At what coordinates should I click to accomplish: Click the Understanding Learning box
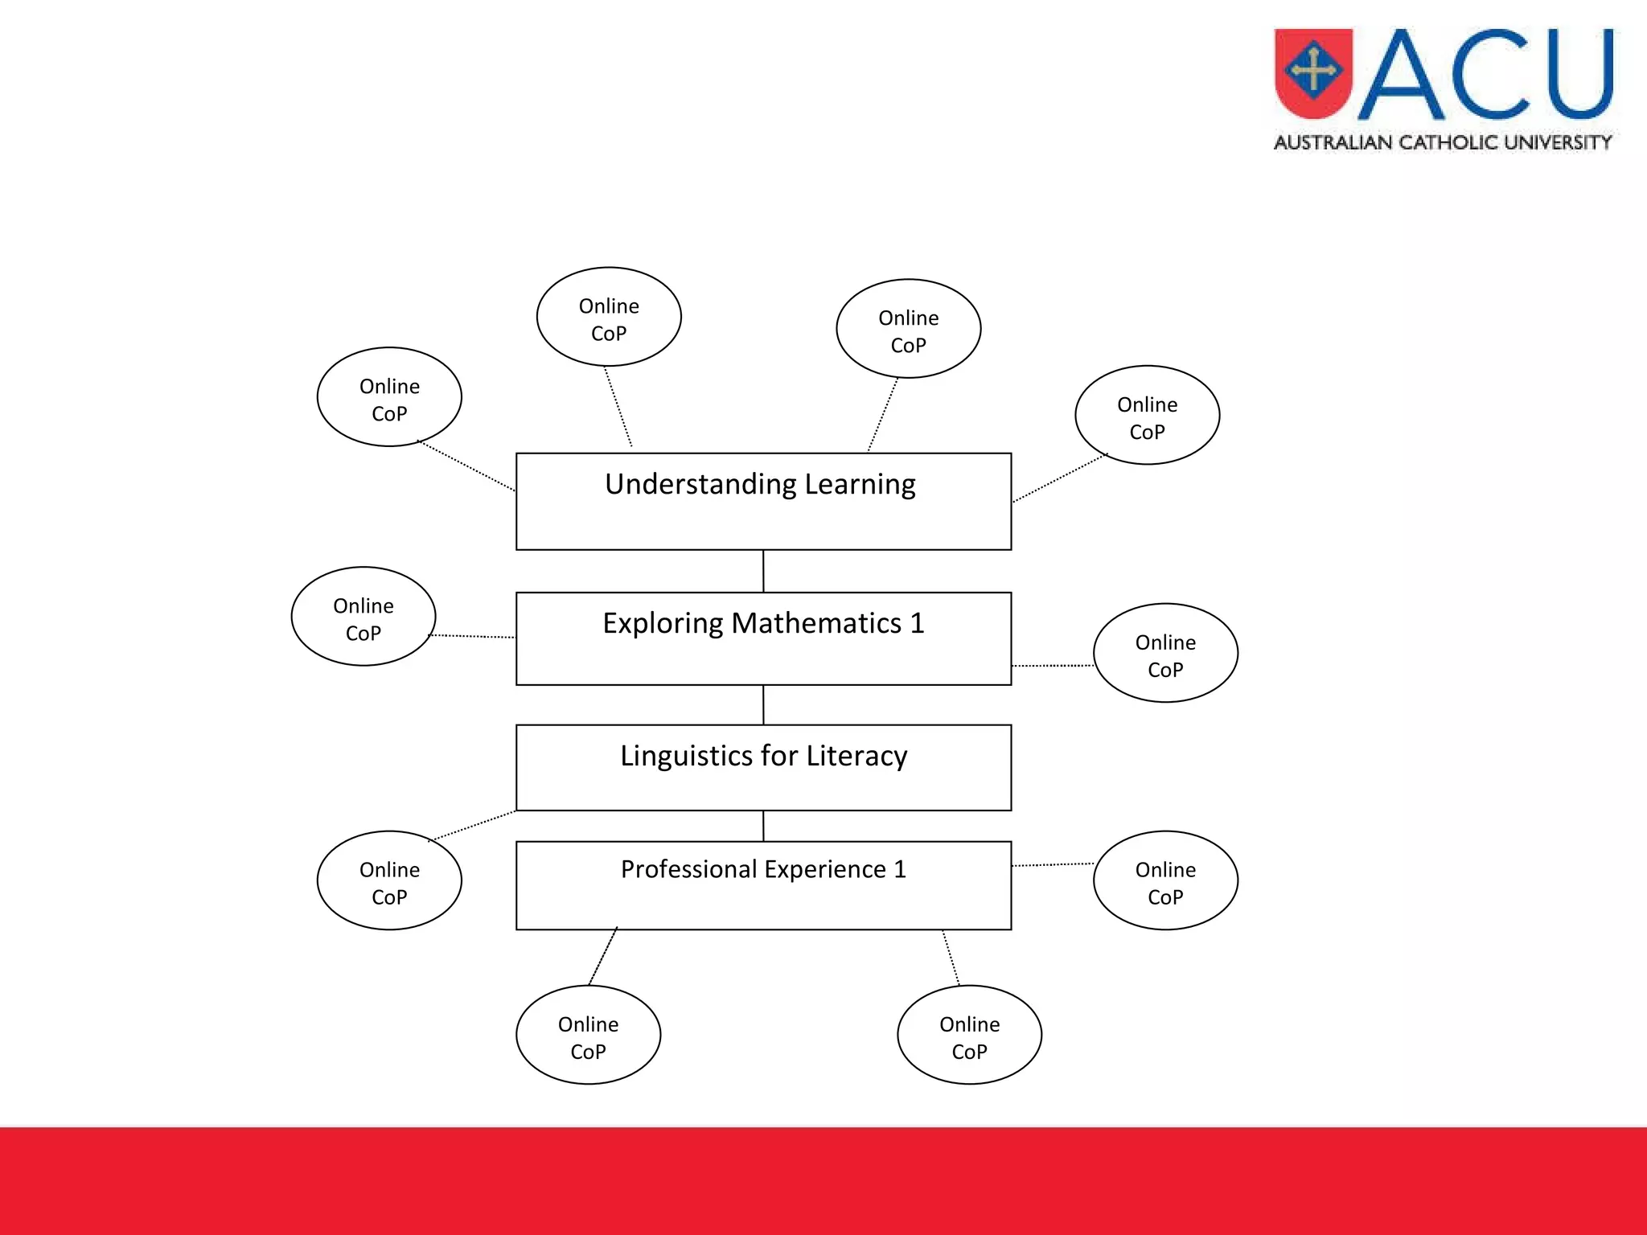tap(763, 502)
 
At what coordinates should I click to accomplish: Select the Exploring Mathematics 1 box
tap(763, 639)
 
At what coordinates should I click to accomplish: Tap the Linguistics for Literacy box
tap(763, 768)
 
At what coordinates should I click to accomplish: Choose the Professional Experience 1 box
tap(763, 885)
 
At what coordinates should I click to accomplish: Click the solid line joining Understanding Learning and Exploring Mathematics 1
tap(763, 572)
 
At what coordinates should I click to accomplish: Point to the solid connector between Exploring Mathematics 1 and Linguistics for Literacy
tap(763, 705)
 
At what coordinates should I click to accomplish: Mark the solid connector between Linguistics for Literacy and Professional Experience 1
tap(763, 826)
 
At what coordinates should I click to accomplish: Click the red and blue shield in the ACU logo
tap(1313, 72)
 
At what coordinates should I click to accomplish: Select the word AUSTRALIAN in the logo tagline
tap(1333, 142)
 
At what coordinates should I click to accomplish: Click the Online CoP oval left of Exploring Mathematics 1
tap(363, 617)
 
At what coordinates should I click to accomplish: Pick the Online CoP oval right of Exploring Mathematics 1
tap(1165, 653)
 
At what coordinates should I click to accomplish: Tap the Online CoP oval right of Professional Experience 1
tap(1165, 880)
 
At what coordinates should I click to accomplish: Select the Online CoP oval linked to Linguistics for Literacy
tap(389, 880)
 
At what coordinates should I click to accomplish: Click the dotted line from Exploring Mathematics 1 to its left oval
tap(473, 637)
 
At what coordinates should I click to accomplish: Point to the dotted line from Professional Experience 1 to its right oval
tap(1052, 865)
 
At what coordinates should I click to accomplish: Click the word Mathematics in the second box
tap(816, 624)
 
